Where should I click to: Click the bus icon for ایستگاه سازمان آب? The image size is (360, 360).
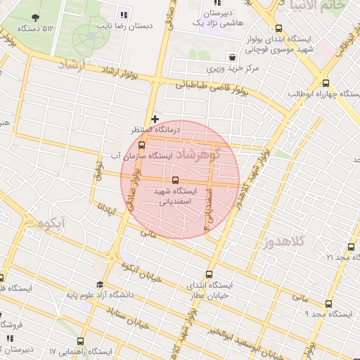(x=141, y=145)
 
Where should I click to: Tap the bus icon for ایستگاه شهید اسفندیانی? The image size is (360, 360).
(x=175, y=179)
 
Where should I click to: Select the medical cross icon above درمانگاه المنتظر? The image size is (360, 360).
(x=155, y=119)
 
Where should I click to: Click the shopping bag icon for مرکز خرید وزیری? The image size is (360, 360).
(x=232, y=57)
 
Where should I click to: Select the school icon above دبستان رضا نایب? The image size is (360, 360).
(x=124, y=15)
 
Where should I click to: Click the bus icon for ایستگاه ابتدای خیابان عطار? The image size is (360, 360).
(x=208, y=274)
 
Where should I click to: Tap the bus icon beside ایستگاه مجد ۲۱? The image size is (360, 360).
(x=352, y=247)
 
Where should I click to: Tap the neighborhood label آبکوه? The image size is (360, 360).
(x=53, y=226)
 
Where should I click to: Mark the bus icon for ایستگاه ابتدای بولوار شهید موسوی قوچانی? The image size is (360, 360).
(x=279, y=29)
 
